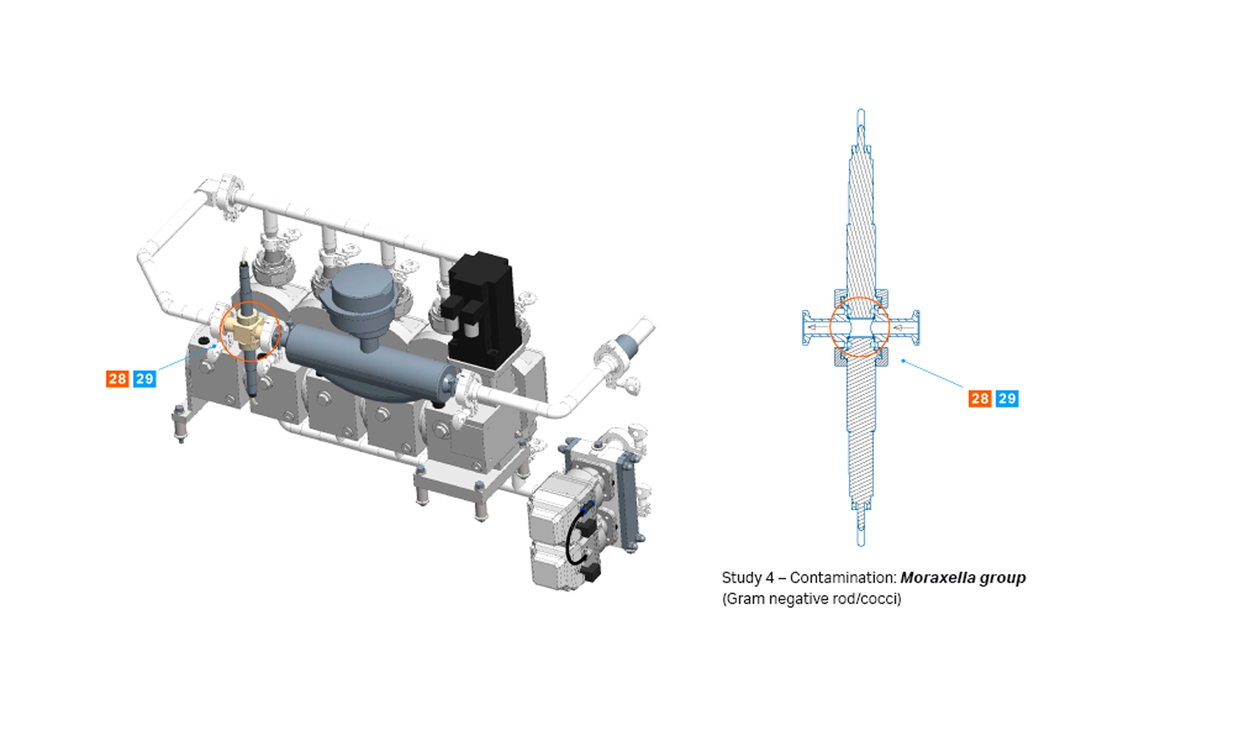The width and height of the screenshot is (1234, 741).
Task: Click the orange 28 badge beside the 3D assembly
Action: (117, 379)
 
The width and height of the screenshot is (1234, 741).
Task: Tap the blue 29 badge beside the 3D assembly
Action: (144, 379)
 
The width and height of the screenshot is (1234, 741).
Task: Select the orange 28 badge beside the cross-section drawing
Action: (980, 398)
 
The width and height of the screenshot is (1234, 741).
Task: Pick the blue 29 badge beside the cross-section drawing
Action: (1007, 398)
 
